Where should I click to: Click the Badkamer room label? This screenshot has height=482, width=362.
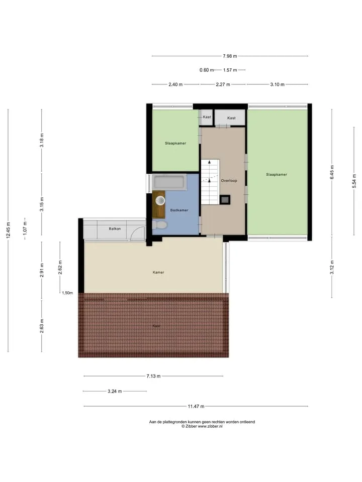coord(179,210)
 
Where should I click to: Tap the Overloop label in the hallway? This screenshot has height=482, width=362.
coord(229,181)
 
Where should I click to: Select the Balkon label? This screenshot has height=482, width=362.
coord(115,229)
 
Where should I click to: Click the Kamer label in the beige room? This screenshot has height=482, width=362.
coord(158,272)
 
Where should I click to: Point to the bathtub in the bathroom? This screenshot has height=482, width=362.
coord(169,182)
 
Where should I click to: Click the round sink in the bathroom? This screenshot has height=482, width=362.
coord(160,201)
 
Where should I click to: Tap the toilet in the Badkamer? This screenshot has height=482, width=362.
coord(159,225)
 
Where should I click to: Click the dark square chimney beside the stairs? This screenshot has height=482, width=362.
coord(225,200)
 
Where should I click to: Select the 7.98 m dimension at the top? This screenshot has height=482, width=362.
coord(230,56)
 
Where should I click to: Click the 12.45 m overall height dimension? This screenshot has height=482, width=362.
coord(9,229)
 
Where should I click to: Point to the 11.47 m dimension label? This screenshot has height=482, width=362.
coord(196,406)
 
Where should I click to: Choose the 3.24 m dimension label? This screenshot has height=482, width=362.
coord(115,391)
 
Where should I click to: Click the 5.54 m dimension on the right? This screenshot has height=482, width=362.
coord(354,181)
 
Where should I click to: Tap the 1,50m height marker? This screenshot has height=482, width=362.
coord(67,293)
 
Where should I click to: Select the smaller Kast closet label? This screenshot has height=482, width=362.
coord(207,117)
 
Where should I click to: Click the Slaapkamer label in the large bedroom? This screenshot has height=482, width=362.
coord(277,175)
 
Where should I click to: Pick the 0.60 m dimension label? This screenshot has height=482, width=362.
coord(207,70)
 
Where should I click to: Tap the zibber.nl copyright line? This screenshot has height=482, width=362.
coord(202,426)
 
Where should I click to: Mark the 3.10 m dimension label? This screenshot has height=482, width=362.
coord(278,84)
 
